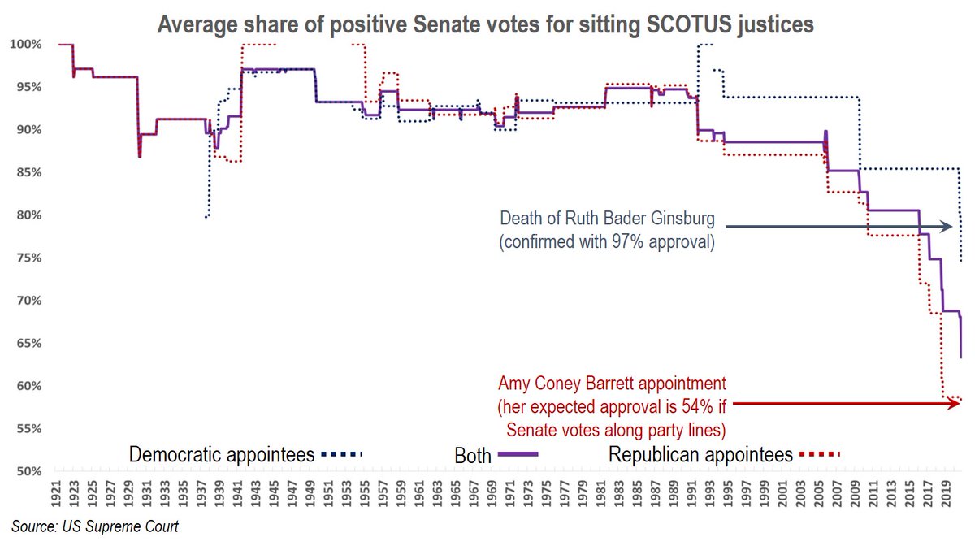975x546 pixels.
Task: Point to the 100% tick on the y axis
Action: (28, 44)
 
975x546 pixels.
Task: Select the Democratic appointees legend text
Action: (222, 454)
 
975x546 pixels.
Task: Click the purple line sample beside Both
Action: (519, 455)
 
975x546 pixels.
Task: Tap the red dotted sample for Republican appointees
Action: (821, 455)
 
